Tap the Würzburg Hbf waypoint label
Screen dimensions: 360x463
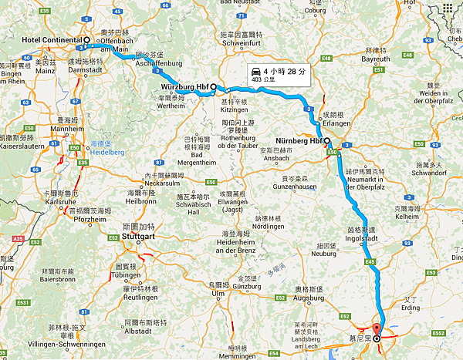tap(184, 87)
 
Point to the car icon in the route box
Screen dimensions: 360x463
tap(255, 72)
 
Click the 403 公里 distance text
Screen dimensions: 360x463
tap(262, 79)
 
